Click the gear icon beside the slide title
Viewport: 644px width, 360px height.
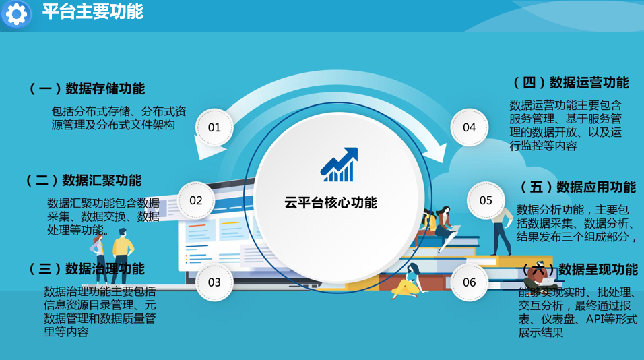pyautogui.click(x=16, y=13)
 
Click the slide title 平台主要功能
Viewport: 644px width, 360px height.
pyautogui.click(x=92, y=12)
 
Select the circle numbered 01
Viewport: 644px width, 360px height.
pyautogui.click(x=214, y=127)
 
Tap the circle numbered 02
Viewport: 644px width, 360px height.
pyautogui.click(x=196, y=200)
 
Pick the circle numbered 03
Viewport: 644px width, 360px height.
pyautogui.click(x=214, y=282)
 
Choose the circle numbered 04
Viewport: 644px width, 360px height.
pyautogui.click(x=469, y=127)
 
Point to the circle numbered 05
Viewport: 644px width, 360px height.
pyautogui.click(x=486, y=200)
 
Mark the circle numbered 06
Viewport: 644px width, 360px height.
pyautogui.click(x=469, y=282)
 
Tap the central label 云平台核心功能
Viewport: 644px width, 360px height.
pyautogui.click(x=331, y=202)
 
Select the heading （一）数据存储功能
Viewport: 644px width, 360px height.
pyautogui.click(x=87, y=88)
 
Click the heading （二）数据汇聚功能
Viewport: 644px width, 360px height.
pyautogui.click(x=84, y=180)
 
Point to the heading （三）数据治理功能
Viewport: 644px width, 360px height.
pyautogui.click(x=87, y=269)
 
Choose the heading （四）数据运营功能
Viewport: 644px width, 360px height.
pyautogui.click(x=571, y=82)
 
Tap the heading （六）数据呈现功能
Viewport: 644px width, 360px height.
pyautogui.click(x=579, y=269)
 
